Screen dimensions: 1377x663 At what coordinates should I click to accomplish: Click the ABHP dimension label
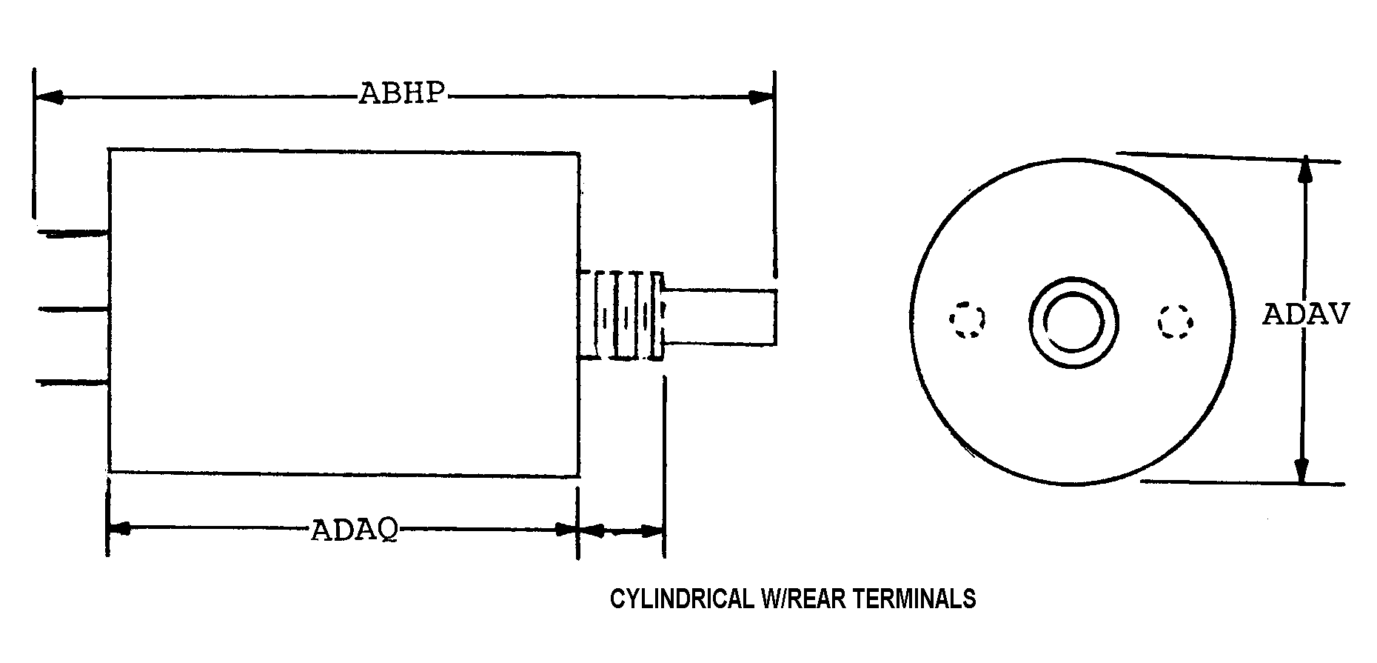coord(402,94)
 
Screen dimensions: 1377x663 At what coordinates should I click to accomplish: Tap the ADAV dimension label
coord(1306,315)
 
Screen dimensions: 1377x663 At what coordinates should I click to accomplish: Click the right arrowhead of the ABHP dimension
coord(760,97)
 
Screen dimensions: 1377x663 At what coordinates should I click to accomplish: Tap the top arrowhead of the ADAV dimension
coord(1305,170)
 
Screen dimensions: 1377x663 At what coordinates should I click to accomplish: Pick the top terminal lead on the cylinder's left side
coord(73,235)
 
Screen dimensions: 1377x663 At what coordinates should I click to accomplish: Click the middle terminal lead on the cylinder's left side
coord(73,308)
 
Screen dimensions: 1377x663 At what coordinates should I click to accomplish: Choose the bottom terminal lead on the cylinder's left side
coord(73,382)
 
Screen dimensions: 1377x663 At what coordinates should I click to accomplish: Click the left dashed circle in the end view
coord(968,320)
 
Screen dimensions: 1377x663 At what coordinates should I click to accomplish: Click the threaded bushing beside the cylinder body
coord(620,316)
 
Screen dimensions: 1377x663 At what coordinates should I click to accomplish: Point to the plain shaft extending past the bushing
coord(720,316)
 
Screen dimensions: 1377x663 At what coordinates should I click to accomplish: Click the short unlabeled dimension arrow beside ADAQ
coord(620,530)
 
